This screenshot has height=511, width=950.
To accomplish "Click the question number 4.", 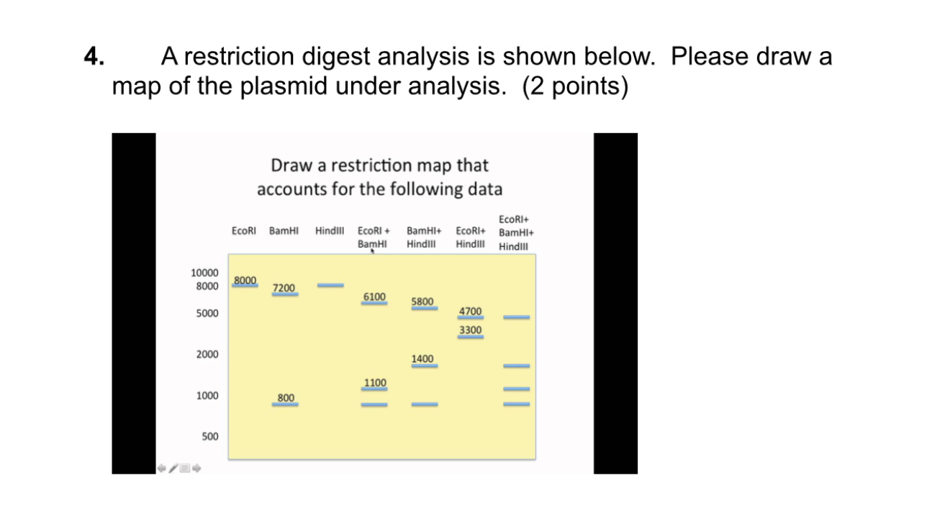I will pos(94,56).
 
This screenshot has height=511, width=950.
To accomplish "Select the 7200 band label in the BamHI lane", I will pos(284,288).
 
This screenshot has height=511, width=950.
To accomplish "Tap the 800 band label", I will pos(286,397).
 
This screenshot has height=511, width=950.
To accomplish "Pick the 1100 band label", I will pos(374,381).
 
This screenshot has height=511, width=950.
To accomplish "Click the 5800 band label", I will pos(423,301).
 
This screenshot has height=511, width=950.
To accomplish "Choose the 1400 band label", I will pos(423,358).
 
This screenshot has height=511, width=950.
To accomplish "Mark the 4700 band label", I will pos(471,311).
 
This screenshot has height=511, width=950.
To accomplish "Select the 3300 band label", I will pos(471,330).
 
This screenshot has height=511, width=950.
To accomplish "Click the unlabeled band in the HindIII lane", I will pos(330,285).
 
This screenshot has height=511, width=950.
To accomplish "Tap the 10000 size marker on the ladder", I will pos(204,273).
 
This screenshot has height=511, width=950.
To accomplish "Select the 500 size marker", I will pos(209,436).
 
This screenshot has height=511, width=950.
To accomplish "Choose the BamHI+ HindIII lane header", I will pos(425,238).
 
